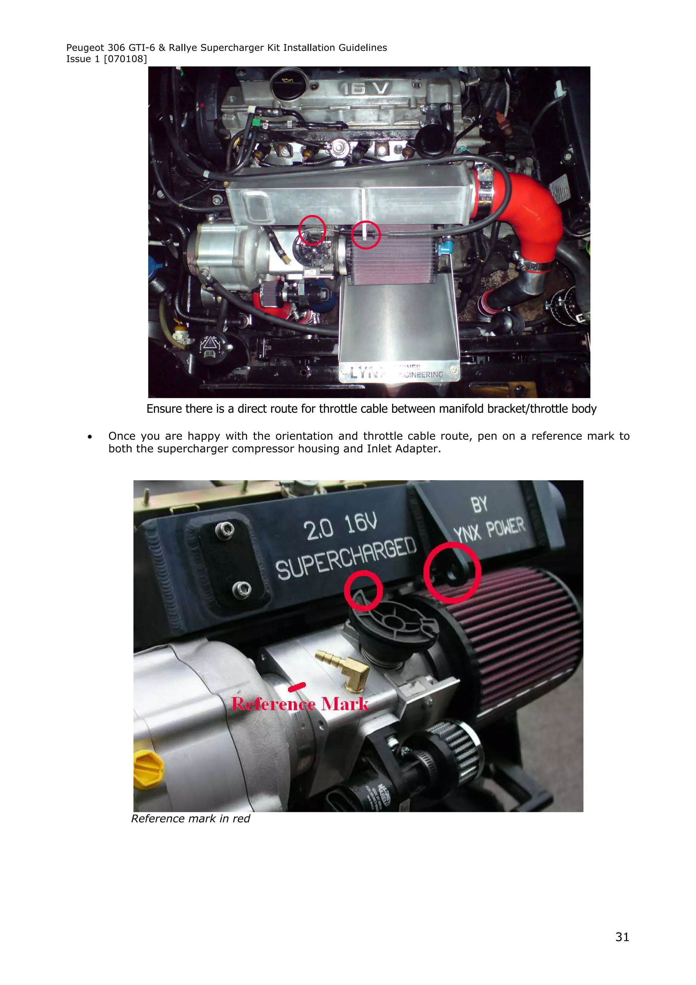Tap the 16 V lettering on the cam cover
[365, 88]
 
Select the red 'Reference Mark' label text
[300, 704]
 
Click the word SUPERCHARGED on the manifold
[346, 558]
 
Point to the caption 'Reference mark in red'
[190, 818]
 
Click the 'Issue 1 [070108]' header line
[106, 59]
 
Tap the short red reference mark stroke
[297, 687]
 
